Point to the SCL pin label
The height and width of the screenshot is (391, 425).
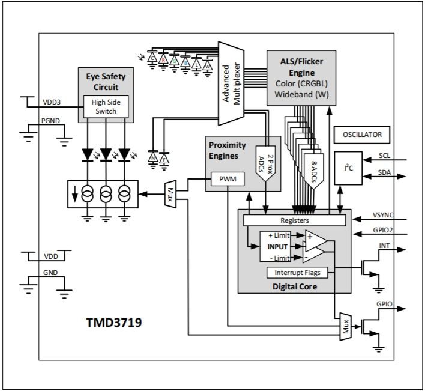384,155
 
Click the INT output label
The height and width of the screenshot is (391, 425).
384,245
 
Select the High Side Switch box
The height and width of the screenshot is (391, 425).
106,106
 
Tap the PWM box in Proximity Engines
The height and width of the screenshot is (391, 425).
228,179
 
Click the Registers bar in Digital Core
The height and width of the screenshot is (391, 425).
294,221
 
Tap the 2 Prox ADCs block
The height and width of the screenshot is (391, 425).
265,162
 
